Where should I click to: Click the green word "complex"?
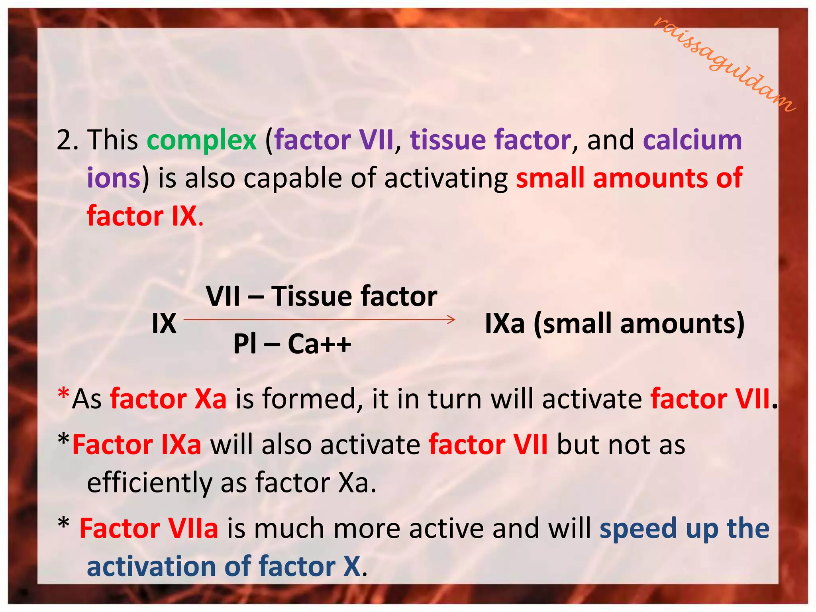pos(202,140)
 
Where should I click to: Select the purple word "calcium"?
pos(692,140)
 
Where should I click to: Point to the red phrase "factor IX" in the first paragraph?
pos(142,216)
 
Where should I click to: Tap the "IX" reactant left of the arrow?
pos(164,324)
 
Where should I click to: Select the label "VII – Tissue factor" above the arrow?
pos(321,296)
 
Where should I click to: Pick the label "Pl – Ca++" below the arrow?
pos(292,344)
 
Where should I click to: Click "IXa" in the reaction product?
pos(504,324)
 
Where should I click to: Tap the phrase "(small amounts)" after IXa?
pos(639,324)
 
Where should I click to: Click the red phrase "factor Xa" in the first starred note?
pos(168,399)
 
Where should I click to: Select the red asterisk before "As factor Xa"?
pos(63,394)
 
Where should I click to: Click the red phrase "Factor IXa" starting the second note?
pos(137,445)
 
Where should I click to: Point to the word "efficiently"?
pos(149,483)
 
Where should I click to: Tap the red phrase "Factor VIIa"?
pos(149,529)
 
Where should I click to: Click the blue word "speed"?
pos(638,529)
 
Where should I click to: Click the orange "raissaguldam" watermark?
pos(724,64)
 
